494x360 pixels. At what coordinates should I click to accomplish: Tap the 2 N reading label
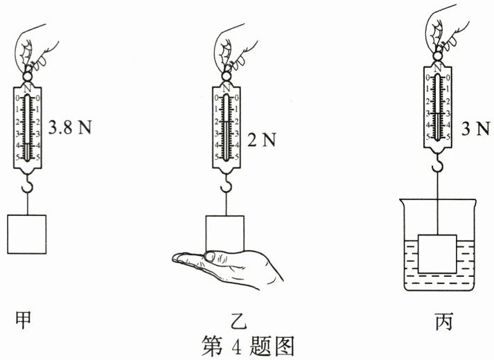click(261, 141)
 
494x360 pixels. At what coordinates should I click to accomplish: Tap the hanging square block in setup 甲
click(26, 235)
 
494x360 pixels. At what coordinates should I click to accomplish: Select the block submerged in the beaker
click(438, 253)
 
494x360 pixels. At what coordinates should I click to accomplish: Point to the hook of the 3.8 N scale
click(27, 185)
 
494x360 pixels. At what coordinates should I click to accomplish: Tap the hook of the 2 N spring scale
click(226, 185)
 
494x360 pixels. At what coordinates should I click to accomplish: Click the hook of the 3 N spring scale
click(438, 165)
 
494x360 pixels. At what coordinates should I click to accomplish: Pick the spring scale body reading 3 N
click(438, 107)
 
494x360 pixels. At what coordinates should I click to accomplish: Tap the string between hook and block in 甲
click(27, 204)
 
